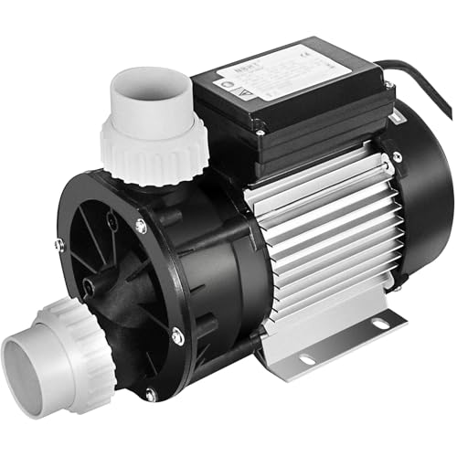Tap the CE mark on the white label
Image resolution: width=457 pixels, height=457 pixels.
[x=310, y=59]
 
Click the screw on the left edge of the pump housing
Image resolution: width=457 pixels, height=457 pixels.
[x=59, y=245]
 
